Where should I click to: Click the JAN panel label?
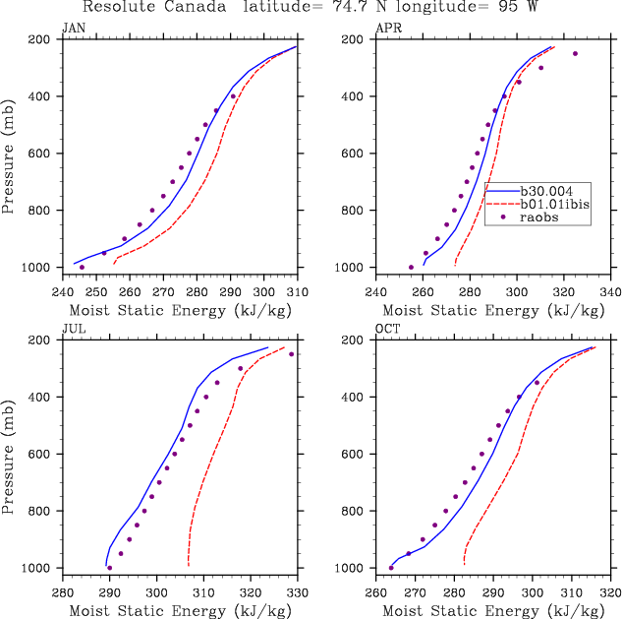pyautogui.click(x=73, y=29)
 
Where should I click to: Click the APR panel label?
pyautogui.click(x=388, y=29)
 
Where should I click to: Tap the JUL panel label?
pyautogui.click(x=72, y=330)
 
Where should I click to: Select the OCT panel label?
pyautogui.click(x=388, y=330)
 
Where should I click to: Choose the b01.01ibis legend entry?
pyautogui.click(x=554, y=203)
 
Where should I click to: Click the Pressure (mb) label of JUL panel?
pyautogui.click(x=9, y=454)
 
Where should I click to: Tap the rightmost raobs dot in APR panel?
pyautogui.click(x=575, y=53)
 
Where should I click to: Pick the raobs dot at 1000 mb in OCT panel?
pyautogui.click(x=391, y=568)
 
